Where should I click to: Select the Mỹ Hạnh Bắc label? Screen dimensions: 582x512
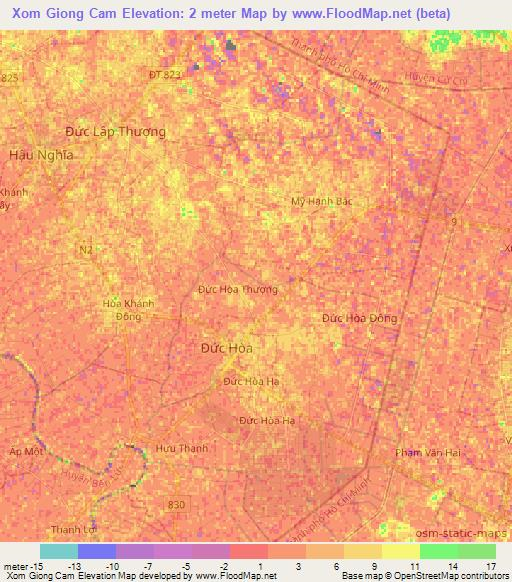tap(322, 201)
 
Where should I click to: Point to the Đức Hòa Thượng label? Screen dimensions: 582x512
tap(237, 289)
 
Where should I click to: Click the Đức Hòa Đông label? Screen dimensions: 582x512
tap(359, 318)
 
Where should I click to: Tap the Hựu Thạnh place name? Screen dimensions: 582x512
tap(182, 449)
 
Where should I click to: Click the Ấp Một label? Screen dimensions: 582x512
tap(26, 452)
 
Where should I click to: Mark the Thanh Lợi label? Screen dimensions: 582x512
tap(74, 531)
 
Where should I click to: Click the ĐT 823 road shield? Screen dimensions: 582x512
tap(165, 74)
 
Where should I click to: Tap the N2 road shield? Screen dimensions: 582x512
tap(85, 246)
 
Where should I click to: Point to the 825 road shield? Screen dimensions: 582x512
tap(10, 77)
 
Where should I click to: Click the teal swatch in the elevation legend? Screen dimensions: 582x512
tap(59, 551)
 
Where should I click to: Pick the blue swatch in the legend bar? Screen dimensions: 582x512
tap(97, 551)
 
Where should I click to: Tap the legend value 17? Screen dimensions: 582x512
tap(490, 566)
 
